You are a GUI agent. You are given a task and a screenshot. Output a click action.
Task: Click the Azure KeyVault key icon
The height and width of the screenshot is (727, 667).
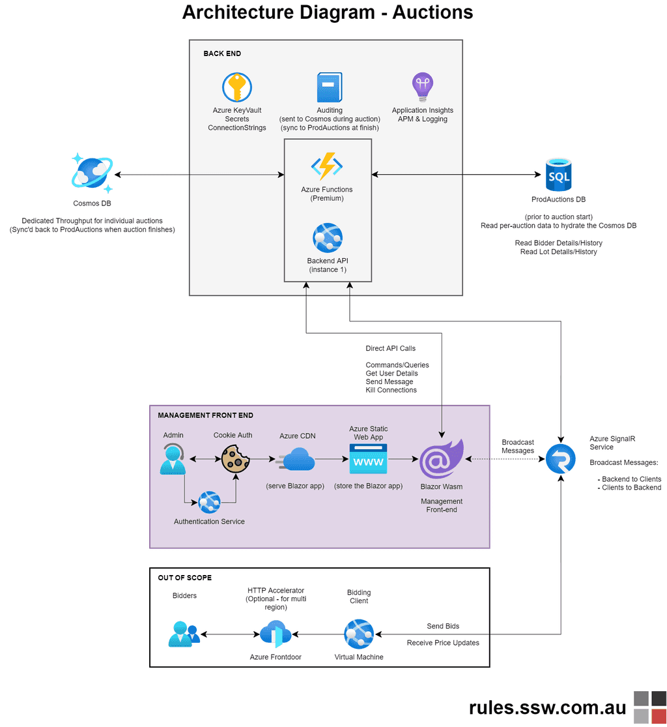tap(236, 87)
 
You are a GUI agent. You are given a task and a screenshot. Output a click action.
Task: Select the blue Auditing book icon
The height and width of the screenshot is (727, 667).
tap(329, 87)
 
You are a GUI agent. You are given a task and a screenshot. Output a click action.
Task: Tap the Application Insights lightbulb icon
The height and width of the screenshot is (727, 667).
tap(422, 86)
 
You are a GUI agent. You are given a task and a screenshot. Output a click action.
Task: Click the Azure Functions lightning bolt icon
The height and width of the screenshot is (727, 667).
tap(327, 167)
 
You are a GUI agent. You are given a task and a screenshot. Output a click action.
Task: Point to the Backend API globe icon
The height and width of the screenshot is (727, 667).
tap(327, 238)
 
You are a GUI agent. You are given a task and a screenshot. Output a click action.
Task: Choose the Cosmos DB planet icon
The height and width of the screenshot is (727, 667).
tap(92, 173)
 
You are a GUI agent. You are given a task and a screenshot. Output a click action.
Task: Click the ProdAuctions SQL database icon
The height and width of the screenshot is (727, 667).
tap(558, 174)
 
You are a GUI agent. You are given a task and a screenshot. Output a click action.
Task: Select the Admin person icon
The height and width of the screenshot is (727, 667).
tap(173, 459)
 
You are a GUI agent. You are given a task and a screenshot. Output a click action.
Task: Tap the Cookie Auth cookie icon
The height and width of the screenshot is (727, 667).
tap(236, 459)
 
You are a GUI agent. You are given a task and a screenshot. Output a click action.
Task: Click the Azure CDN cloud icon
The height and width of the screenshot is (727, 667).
tap(297, 460)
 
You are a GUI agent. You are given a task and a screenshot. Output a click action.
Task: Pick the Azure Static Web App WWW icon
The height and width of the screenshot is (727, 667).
tap(368, 459)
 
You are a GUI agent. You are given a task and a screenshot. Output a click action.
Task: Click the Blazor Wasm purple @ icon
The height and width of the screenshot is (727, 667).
tap(442, 460)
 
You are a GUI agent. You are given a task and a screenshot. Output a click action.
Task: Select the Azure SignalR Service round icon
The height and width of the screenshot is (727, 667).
tap(560, 458)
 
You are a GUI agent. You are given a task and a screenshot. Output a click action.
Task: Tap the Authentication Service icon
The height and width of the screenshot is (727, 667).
tap(209, 503)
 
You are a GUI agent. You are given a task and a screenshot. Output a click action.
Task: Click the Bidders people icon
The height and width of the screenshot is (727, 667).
tap(184, 633)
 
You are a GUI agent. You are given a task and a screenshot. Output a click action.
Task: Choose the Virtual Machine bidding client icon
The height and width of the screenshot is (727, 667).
tap(359, 634)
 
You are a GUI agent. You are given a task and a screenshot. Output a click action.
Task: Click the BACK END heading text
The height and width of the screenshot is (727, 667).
tap(221, 53)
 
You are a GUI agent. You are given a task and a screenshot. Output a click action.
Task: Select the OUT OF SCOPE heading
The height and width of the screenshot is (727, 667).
tap(184, 578)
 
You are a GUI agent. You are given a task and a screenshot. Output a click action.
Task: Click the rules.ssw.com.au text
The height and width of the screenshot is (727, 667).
tap(547, 708)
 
